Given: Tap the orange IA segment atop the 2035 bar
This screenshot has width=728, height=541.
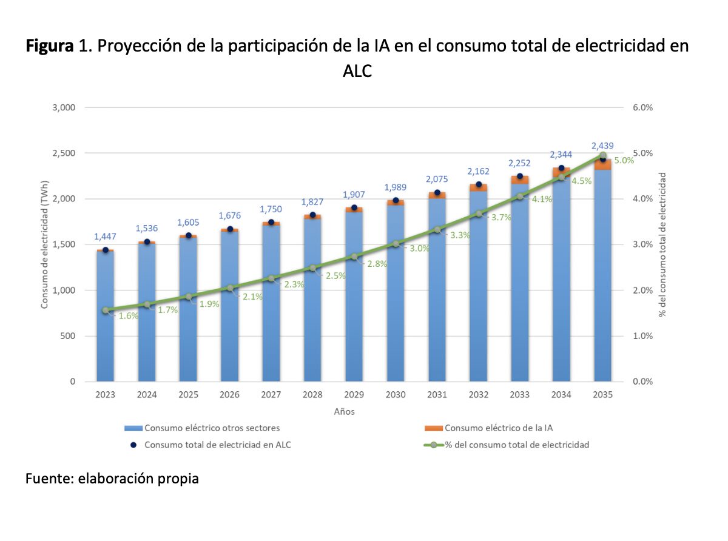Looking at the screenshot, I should coord(602,165).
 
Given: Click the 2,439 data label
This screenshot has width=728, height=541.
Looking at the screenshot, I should coord(602,146).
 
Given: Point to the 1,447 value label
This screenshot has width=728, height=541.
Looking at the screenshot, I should coord(106,236).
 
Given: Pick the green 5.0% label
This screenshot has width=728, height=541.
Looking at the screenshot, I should coord(624,161).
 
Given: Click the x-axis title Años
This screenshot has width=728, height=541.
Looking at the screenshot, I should coord(344,412).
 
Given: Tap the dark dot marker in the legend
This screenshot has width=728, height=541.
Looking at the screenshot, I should coord(132,445).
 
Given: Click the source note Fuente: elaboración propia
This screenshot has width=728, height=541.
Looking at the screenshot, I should coord(112,479).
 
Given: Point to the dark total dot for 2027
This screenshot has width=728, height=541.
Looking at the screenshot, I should coord(271,223).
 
